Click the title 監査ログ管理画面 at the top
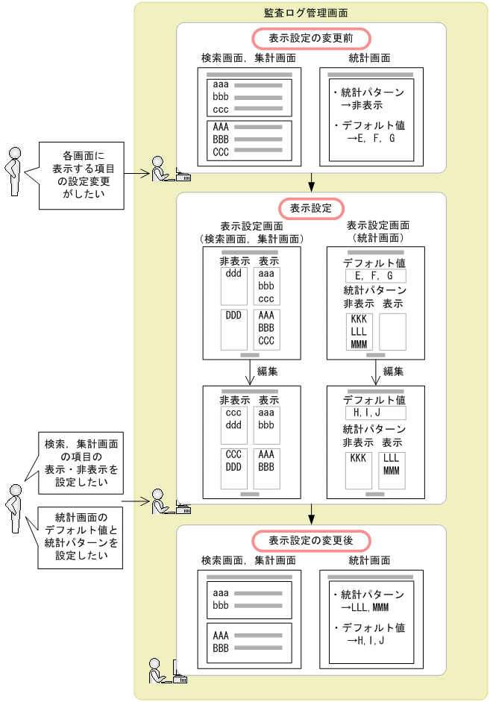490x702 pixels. coord(306,13)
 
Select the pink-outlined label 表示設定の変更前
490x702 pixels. coord(311,37)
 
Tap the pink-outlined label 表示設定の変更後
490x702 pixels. coord(311,540)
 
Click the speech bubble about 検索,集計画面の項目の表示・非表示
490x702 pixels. coord(80,464)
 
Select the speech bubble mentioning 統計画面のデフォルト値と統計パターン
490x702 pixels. coord(80,536)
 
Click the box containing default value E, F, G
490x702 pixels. coord(375,276)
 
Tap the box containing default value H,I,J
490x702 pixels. coord(375,413)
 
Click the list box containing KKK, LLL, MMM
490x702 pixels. coord(359,331)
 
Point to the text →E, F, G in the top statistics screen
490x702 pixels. coord(371,139)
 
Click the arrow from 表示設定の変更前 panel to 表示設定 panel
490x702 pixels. coord(311,182)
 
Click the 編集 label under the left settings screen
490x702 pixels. coord(268,371)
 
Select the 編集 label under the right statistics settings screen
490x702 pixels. coord(393,371)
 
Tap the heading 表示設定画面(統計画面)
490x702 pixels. coord(377,232)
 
